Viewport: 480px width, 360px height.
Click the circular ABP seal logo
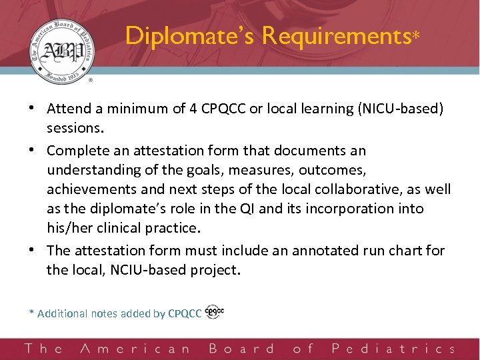point(61,54)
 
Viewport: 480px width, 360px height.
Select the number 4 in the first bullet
point(191,109)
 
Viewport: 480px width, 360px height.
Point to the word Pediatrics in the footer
point(393,349)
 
